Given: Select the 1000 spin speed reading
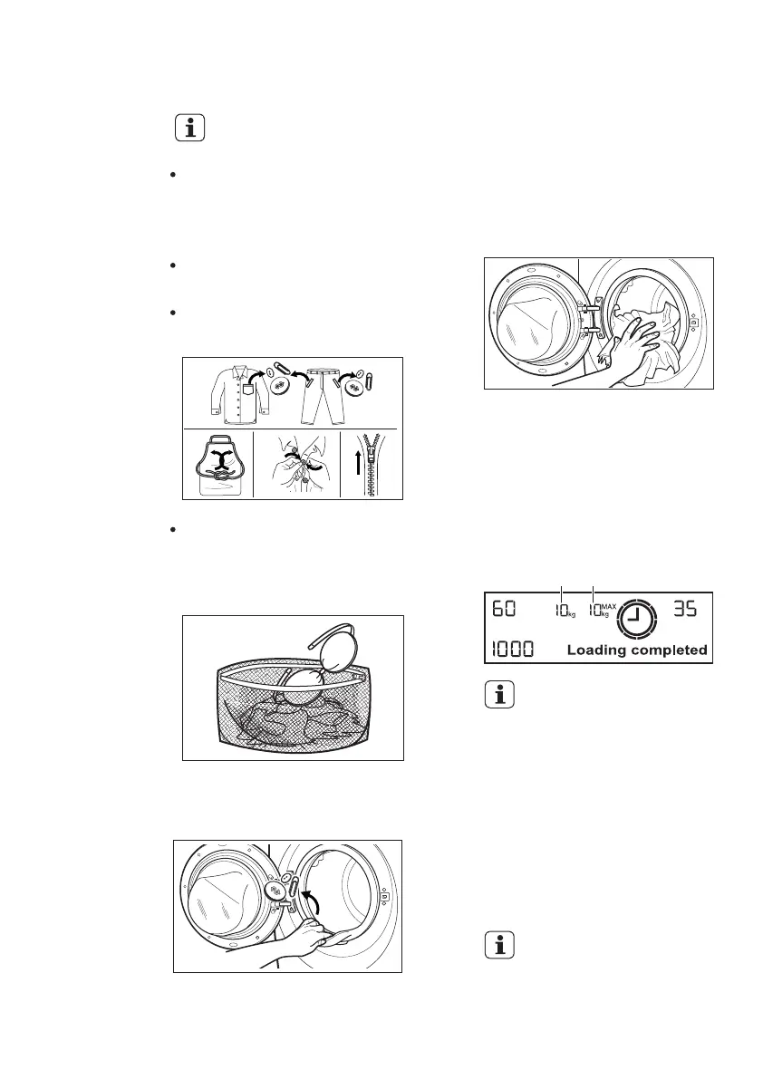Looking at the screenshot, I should (x=512, y=649).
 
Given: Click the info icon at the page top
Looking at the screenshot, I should (x=190, y=129).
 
